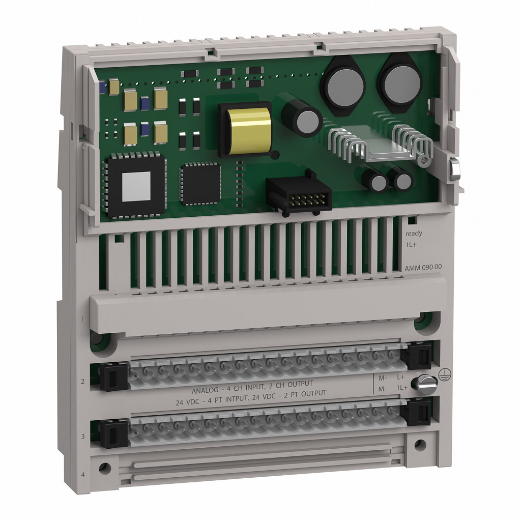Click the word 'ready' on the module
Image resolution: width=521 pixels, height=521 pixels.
[414, 234]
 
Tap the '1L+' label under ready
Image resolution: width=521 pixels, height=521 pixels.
[411, 245]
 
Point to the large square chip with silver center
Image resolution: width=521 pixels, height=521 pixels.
[135, 185]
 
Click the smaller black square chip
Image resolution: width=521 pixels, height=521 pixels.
[200, 183]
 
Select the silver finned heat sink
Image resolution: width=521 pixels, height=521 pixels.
[378, 144]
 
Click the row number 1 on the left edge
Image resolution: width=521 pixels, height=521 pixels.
[82, 319]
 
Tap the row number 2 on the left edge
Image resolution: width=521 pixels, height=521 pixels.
[82, 381]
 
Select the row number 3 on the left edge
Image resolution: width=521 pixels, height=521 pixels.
[82, 437]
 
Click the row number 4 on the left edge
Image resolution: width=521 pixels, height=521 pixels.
[82, 475]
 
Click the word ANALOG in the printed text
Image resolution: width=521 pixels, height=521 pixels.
[206, 391]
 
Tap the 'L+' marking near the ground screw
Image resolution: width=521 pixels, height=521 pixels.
[400, 377]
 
